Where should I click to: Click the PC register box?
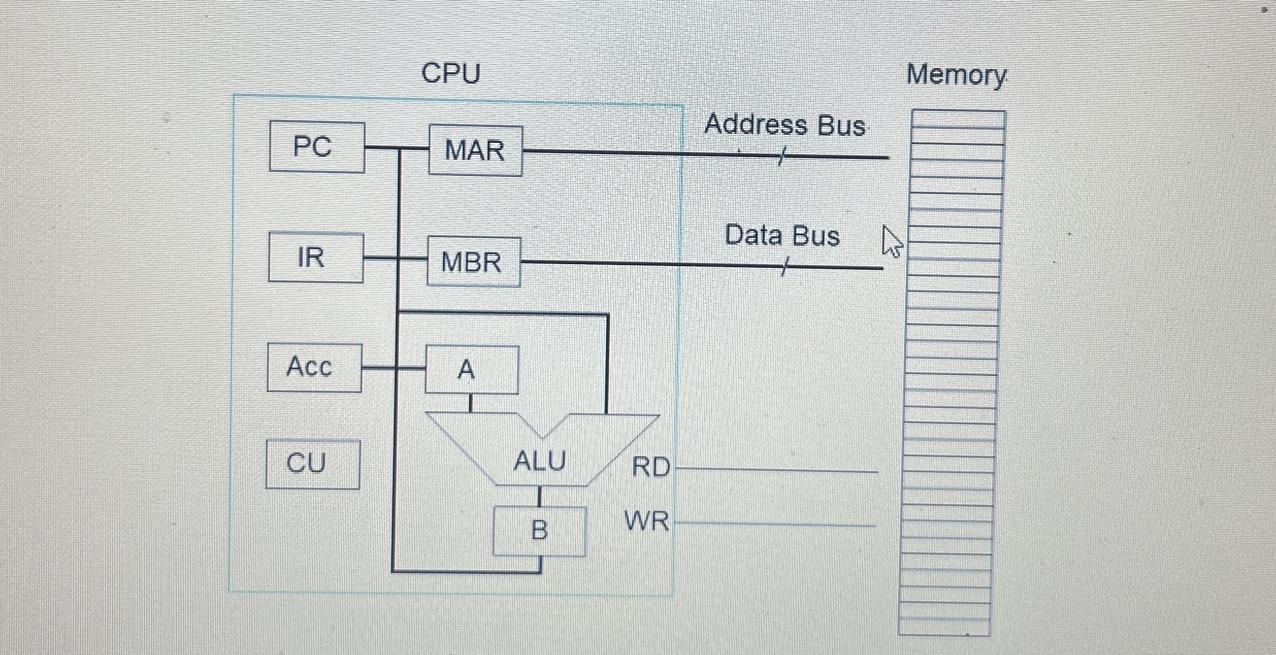click(317, 147)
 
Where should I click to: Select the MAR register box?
click(475, 151)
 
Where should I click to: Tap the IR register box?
click(315, 257)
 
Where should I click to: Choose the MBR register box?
click(473, 261)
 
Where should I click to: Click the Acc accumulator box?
click(314, 368)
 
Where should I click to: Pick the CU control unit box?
click(312, 464)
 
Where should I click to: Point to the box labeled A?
click(471, 370)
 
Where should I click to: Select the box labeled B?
click(539, 531)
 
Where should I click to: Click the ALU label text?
click(539, 461)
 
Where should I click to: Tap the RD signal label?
click(651, 467)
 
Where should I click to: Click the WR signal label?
click(646, 521)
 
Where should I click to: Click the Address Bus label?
click(784, 125)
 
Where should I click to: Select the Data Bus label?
click(782, 236)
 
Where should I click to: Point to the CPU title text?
click(451, 73)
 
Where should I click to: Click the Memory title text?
click(956, 75)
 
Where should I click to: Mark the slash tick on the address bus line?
click(781, 156)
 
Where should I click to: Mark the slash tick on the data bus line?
click(784, 267)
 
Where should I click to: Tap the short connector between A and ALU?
click(470, 403)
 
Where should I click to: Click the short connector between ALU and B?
click(539, 496)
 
